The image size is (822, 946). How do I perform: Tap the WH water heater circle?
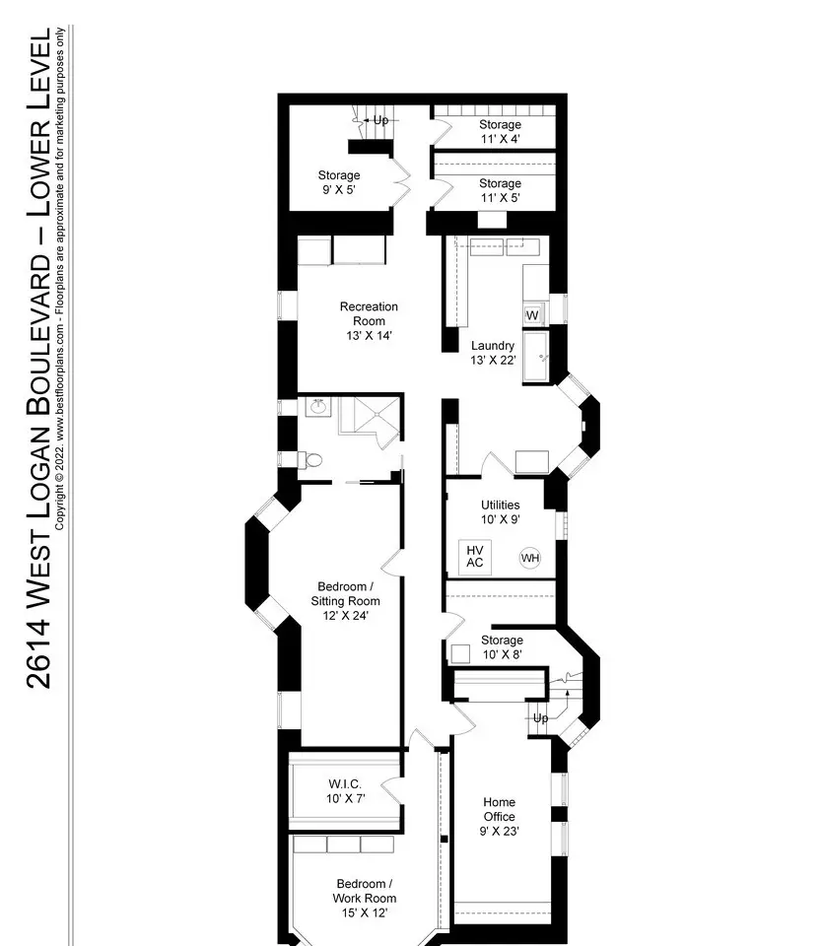pyautogui.click(x=530, y=558)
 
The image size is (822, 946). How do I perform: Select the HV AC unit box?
pyautogui.click(x=475, y=556)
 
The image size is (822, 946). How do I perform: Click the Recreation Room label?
pyautogui.click(x=369, y=321)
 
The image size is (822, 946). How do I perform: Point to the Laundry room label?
pyautogui.click(x=493, y=353)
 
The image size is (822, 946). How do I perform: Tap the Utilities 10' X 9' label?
pyautogui.click(x=501, y=512)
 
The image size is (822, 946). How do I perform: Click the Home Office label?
pyautogui.click(x=499, y=816)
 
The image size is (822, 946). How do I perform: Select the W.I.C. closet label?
pyautogui.click(x=345, y=791)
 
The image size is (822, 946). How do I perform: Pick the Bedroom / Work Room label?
pyautogui.click(x=364, y=899)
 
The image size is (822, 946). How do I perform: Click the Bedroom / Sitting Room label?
pyautogui.click(x=345, y=601)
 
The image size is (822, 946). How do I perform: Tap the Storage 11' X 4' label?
pyautogui.click(x=501, y=131)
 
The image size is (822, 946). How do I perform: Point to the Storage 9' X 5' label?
pyautogui.click(x=339, y=182)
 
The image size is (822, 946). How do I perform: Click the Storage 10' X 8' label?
pyautogui.click(x=502, y=647)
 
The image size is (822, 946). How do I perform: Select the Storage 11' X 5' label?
pyautogui.click(x=501, y=190)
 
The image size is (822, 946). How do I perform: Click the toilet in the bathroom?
pyautogui.click(x=310, y=460)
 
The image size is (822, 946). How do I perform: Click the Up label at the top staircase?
pyautogui.click(x=380, y=120)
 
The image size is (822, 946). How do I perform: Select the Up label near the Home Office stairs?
pyautogui.click(x=541, y=718)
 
